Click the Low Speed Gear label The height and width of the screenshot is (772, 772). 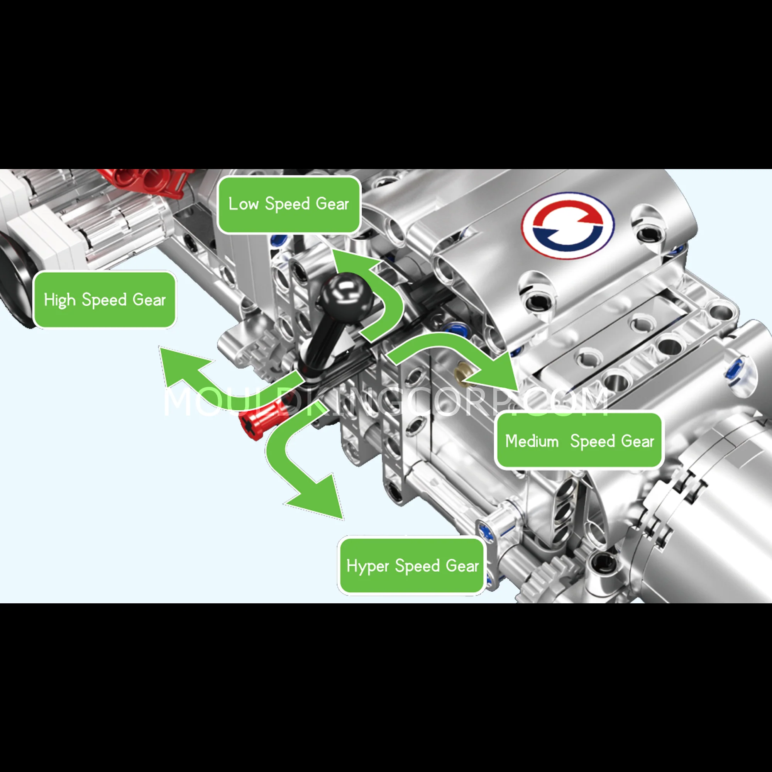pos(289,205)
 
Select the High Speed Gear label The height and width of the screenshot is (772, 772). pos(105,300)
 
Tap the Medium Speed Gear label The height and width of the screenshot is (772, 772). pos(579,441)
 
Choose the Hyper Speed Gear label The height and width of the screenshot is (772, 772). pos(412,566)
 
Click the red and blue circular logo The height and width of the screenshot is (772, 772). pos(568,226)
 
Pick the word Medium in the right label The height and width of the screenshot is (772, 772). pos(532,441)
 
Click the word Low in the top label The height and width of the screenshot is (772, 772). pos(243,204)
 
